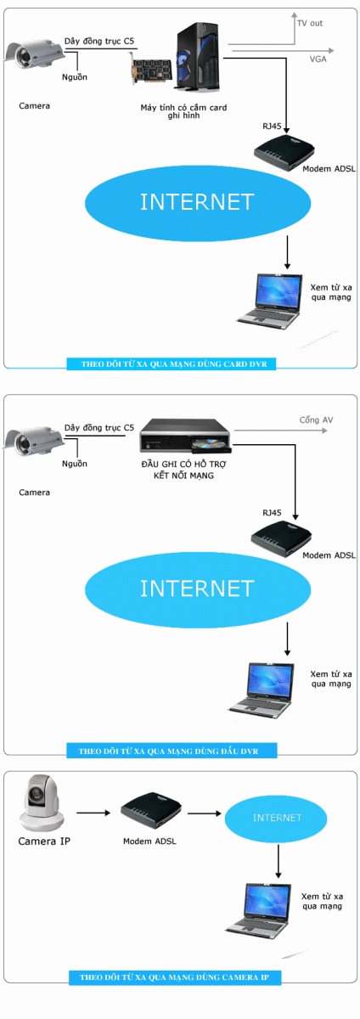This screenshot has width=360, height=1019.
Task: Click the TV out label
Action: (x=310, y=23)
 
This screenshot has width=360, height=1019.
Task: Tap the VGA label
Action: (x=318, y=59)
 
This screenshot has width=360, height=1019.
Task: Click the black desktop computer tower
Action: (x=199, y=56)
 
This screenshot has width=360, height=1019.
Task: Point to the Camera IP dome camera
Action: (x=42, y=803)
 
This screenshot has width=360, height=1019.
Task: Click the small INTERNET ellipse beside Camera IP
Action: (x=276, y=818)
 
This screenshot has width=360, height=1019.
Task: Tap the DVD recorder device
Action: (x=186, y=436)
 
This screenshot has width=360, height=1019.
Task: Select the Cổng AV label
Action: (x=316, y=419)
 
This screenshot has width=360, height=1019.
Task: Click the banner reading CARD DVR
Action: (x=172, y=364)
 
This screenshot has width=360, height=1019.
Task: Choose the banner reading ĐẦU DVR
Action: (x=172, y=751)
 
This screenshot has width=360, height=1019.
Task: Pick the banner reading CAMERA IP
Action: (x=175, y=977)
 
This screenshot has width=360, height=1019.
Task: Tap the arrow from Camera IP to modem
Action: (x=93, y=813)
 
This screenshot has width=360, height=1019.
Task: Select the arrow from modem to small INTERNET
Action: (x=205, y=813)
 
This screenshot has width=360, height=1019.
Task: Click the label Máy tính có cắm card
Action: (x=183, y=108)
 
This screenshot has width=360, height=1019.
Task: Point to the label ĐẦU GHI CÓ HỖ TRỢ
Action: (x=183, y=464)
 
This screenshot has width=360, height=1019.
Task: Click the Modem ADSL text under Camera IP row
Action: (x=149, y=842)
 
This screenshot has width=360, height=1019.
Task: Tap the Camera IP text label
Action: (x=44, y=842)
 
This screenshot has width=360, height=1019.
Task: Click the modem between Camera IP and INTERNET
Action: (x=150, y=810)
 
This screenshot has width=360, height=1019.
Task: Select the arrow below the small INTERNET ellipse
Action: (x=278, y=861)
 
